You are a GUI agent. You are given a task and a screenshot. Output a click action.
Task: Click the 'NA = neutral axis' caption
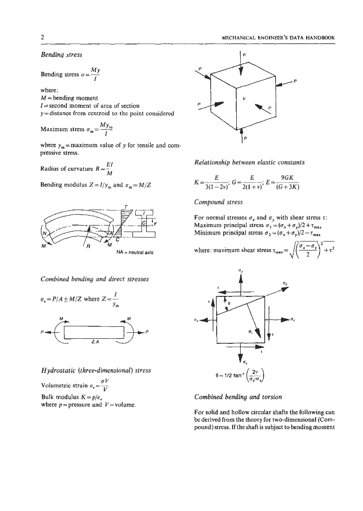tap(134, 252)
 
